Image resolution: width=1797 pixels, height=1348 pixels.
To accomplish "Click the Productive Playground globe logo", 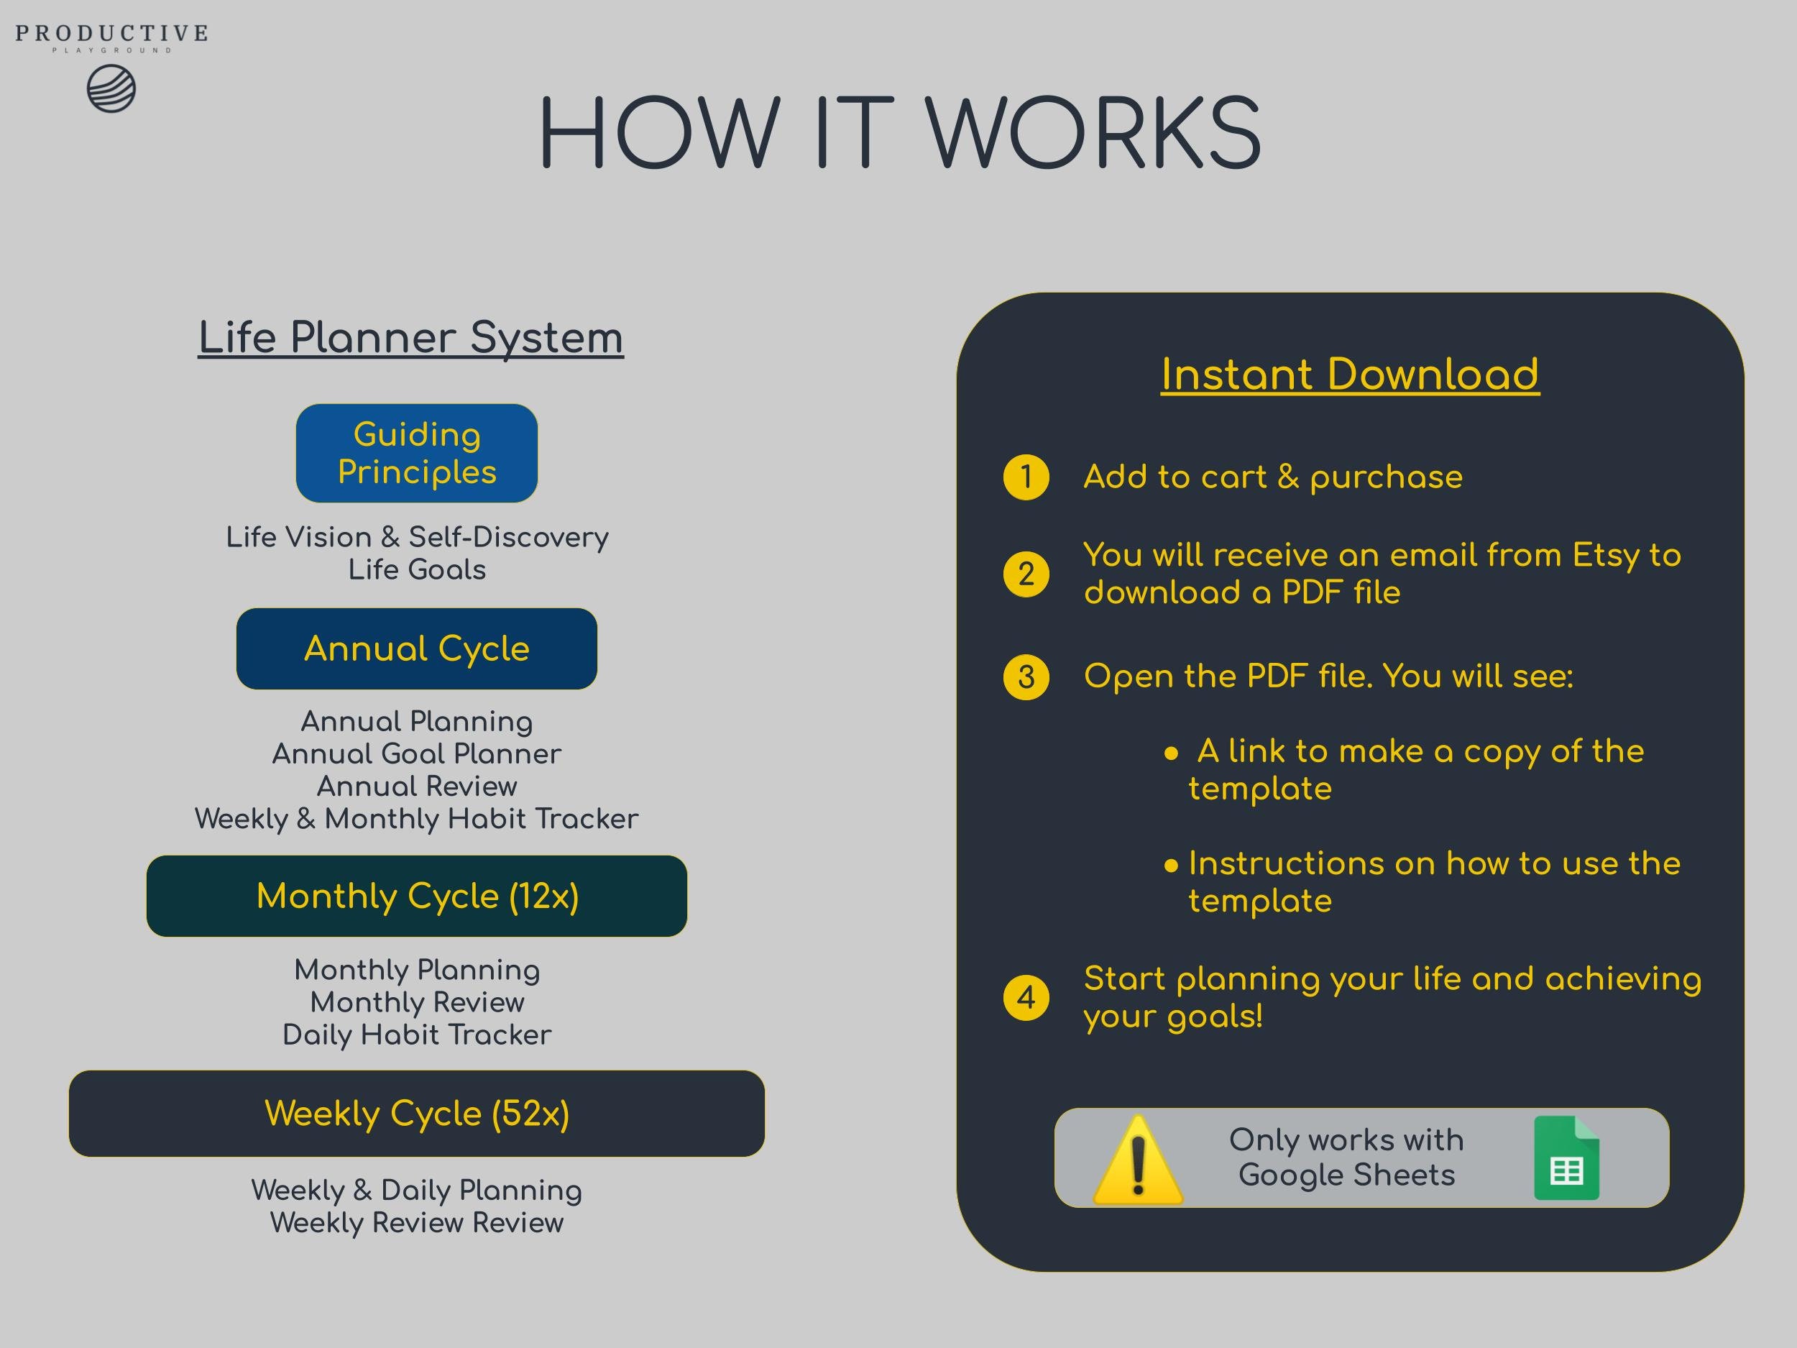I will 111,89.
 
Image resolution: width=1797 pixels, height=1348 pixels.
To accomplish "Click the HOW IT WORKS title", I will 899,133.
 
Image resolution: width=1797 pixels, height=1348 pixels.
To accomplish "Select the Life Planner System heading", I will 411,337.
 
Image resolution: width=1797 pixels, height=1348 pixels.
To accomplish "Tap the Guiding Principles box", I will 417,454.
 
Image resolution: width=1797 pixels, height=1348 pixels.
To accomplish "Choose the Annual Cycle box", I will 417,648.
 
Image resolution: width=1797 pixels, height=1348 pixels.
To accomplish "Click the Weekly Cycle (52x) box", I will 417,1113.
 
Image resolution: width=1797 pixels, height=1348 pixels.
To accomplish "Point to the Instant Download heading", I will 1349,375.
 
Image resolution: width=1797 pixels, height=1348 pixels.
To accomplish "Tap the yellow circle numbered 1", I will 1026,477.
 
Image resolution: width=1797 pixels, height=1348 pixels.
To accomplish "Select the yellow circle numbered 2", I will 1026,574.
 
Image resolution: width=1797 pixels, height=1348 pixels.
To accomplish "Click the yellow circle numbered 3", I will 1026,677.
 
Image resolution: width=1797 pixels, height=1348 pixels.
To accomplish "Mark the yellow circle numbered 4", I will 1026,998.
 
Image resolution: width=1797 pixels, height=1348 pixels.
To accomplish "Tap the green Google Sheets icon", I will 1566,1159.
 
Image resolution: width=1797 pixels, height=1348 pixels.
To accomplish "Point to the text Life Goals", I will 417,569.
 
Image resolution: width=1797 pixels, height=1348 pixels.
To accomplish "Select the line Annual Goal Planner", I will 417,754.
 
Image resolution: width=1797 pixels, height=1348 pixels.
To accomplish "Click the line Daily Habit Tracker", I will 417,1035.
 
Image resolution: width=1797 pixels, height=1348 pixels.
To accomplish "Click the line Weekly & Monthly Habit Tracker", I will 417,819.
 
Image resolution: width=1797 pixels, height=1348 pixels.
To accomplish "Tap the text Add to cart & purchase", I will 1273,477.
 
